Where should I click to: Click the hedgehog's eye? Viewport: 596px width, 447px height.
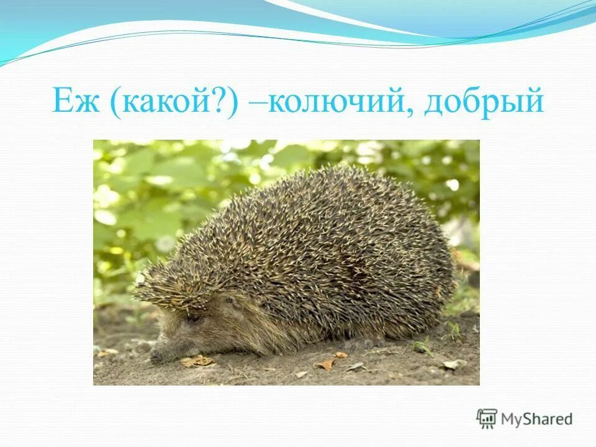click(194, 318)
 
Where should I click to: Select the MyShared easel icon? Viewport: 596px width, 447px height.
click(487, 419)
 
